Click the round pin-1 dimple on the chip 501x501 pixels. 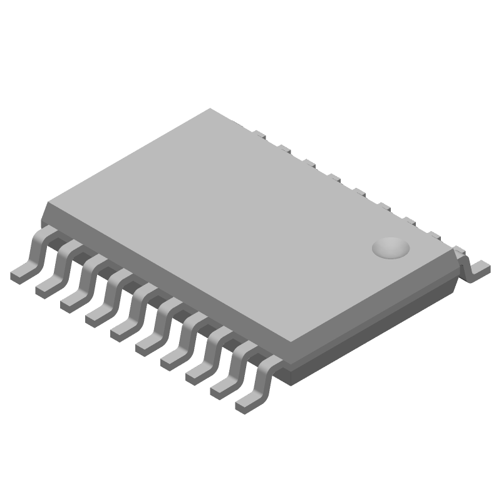coord(391,248)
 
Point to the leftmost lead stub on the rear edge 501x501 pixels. coord(257,133)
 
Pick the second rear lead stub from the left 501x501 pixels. coord(282,148)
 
